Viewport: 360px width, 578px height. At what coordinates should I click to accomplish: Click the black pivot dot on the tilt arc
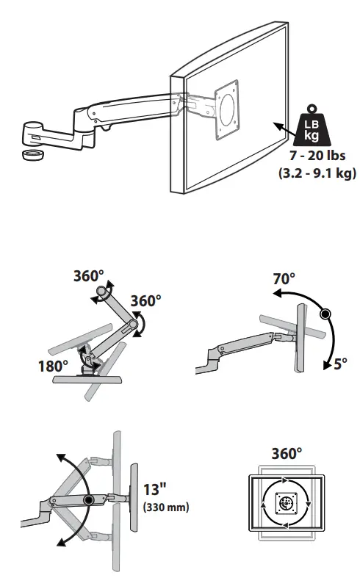(x=324, y=314)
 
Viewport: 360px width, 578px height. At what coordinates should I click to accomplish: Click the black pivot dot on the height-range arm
(x=89, y=500)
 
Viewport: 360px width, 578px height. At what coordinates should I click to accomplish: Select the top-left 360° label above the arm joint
(x=88, y=277)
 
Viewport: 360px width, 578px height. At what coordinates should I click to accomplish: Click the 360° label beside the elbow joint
(x=145, y=301)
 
